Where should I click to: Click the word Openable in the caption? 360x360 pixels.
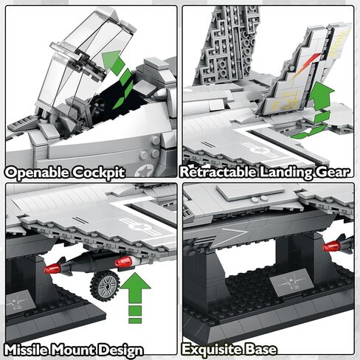(x=37, y=173)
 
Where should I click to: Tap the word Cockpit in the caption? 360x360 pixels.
(x=98, y=173)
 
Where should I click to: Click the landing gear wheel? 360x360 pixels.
(x=105, y=285)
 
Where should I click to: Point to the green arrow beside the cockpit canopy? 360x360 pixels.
(x=117, y=79)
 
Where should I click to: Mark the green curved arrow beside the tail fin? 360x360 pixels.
(x=316, y=109)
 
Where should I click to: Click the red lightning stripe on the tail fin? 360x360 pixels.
(x=308, y=64)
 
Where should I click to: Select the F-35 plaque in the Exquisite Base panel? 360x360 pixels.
(x=291, y=283)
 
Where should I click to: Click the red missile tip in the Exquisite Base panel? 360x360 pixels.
(x=331, y=246)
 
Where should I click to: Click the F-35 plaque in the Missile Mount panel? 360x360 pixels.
(x=18, y=302)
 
